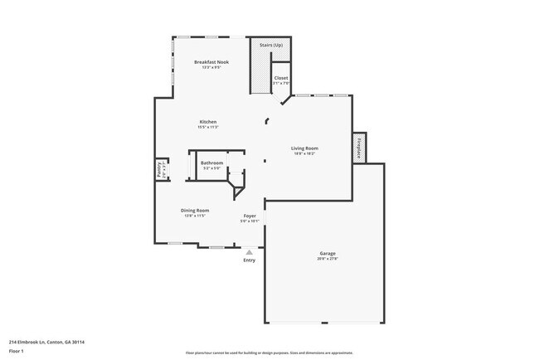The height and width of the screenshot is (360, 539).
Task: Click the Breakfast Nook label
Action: [211, 62]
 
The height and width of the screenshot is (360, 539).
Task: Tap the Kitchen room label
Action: [207, 122]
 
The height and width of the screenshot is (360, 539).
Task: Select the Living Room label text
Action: [304, 148]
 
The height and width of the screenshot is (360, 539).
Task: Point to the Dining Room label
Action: [195, 210]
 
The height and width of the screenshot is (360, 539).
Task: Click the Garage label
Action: [328, 253]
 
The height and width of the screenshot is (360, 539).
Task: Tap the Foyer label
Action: [250, 216]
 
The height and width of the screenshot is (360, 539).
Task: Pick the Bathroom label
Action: [211, 163]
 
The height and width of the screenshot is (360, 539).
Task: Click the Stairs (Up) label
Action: [271, 45]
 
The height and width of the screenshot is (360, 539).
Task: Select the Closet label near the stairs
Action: [281, 78]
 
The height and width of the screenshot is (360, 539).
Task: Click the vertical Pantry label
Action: [159, 169]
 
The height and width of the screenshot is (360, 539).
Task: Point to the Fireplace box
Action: [360, 147]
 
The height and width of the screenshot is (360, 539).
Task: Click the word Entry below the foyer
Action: [250, 260]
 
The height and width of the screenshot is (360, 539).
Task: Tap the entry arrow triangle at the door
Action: [250, 251]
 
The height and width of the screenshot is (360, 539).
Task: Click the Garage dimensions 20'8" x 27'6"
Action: [328, 259]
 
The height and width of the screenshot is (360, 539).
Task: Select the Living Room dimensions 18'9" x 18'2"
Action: [304, 153]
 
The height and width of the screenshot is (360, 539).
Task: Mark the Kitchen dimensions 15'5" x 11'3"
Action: [207, 127]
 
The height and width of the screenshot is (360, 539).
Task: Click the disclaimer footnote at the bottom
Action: [269, 352]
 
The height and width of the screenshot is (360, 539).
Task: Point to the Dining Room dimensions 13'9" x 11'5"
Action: [195, 216]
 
